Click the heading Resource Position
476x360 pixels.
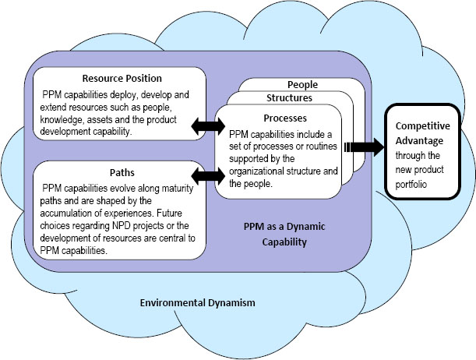(122, 79)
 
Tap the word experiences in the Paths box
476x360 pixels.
(134, 210)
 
